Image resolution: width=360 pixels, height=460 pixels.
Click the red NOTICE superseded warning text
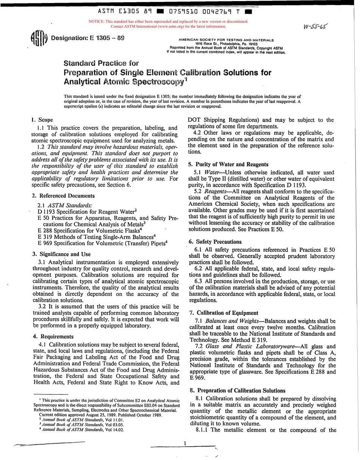coord(168,24)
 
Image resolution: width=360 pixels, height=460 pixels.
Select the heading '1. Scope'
coord(40,120)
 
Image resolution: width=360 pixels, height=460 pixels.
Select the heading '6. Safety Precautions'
coord(214,241)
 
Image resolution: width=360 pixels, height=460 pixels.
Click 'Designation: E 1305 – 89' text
coord(88,38)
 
